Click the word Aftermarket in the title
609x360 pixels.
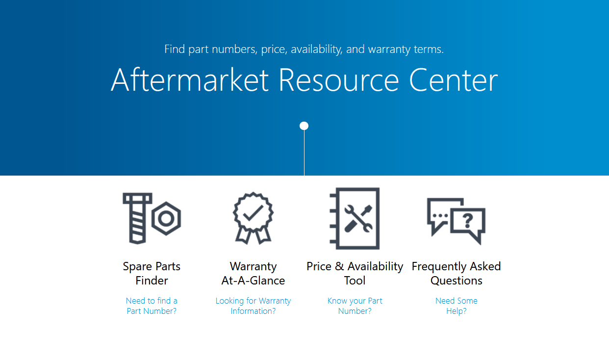tap(190, 80)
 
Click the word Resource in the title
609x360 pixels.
tap(339, 80)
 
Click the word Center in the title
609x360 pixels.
tap(454, 80)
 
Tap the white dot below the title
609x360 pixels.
tap(304, 126)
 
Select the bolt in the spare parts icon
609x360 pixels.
tap(137, 218)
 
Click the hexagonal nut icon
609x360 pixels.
tap(166, 218)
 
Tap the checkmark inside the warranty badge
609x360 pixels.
tap(253, 212)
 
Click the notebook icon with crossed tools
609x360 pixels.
tap(355, 218)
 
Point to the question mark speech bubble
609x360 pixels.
tap(468, 224)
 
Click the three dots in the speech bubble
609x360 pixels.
tap(440, 216)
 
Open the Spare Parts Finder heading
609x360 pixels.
tap(152, 273)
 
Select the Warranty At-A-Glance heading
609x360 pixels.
tap(253, 273)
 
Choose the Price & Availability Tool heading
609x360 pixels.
tap(355, 273)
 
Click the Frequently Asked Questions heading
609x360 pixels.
tap(456, 273)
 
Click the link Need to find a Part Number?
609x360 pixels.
tap(152, 306)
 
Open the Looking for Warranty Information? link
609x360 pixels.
tap(253, 306)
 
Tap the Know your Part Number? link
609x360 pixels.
tap(355, 306)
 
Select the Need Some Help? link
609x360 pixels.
tap(456, 306)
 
